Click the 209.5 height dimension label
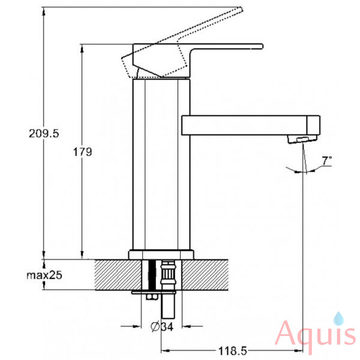pyautogui.click(x=44, y=133)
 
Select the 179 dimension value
pyautogui.click(x=82, y=152)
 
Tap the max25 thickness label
pyautogui.click(x=44, y=275)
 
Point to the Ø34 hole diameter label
pyautogui.click(x=162, y=326)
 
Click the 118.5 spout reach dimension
pyautogui.click(x=232, y=351)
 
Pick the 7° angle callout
pyautogui.click(x=327, y=160)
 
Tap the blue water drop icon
pyautogui.click(x=338, y=319)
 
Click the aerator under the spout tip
pyautogui.click(x=302, y=139)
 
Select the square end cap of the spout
pyautogui.click(x=313, y=125)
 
